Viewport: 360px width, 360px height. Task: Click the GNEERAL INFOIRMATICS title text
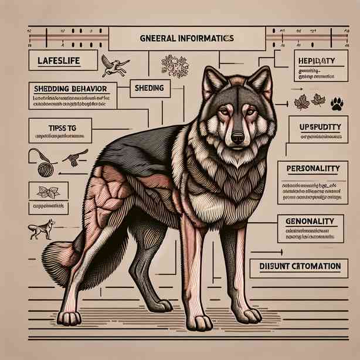click(x=187, y=38)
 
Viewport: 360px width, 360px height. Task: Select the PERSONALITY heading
click(x=314, y=168)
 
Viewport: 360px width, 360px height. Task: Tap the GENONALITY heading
click(x=311, y=221)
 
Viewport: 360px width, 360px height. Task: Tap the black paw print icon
click(x=337, y=103)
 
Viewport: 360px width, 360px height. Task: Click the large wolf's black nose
click(x=237, y=138)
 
